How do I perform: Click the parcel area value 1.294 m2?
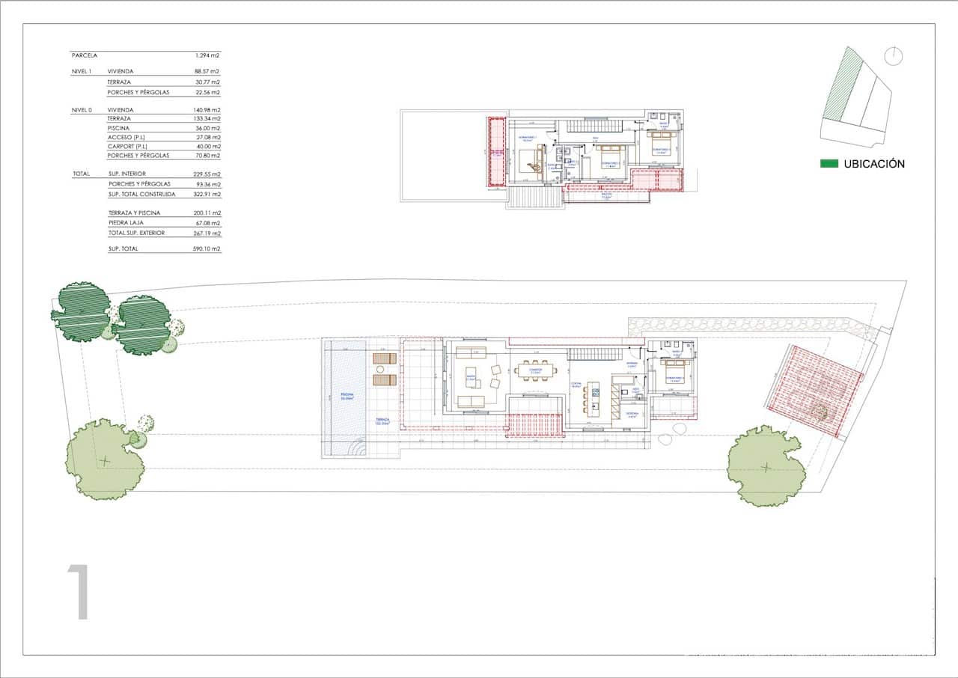207,55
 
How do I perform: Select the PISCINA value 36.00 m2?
207,128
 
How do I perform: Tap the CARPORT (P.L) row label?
126,147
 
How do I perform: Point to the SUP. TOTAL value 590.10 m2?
207,248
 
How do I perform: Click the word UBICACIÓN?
874,164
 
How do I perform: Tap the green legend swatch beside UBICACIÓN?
829,164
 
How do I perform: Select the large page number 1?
79,593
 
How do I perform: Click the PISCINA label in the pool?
347,394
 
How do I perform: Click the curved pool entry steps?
359,449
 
